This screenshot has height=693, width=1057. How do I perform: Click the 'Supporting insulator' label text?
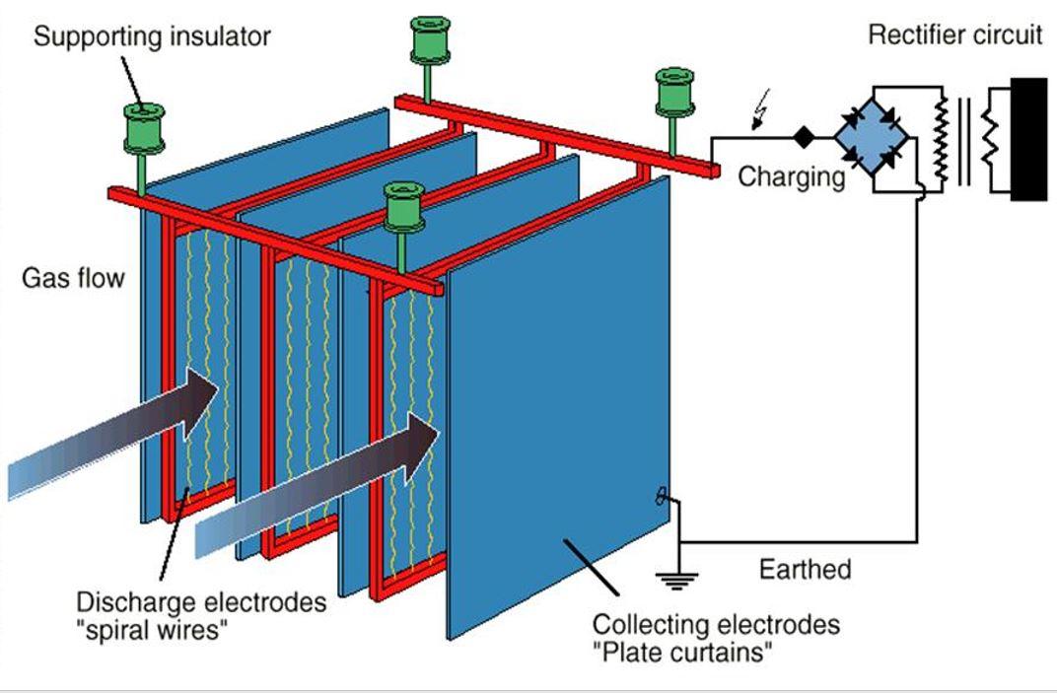tap(152, 38)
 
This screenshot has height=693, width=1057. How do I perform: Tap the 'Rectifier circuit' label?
tap(953, 35)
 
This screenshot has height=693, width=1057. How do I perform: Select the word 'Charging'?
tap(791, 177)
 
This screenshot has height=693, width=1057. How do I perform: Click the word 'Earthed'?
tap(805, 569)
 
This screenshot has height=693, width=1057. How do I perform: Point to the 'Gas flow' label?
tap(74, 278)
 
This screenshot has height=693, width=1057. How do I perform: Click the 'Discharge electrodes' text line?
tap(201, 602)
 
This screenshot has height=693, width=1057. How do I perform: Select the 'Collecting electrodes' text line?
tap(716, 624)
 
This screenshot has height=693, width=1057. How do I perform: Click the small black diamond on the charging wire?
tap(805, 135)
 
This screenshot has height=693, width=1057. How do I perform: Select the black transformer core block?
tap(1028, 138)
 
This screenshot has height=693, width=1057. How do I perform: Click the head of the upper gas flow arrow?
tap(201, 399)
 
